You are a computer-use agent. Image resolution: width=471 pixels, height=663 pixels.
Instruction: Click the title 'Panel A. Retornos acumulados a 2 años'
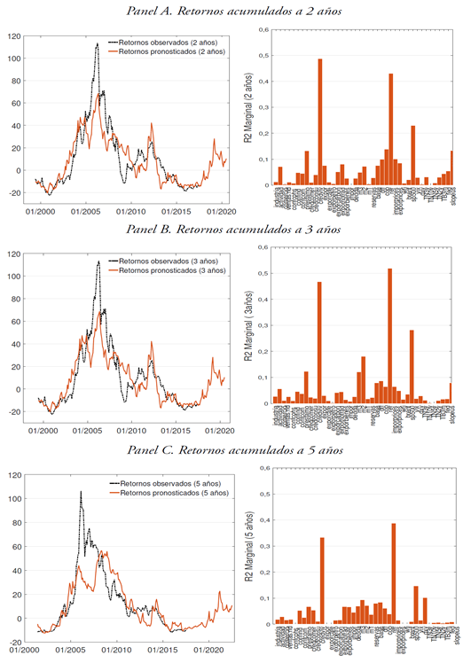coord(235,11)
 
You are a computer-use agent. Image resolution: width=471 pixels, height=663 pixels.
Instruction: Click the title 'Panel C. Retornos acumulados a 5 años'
coord(235,450)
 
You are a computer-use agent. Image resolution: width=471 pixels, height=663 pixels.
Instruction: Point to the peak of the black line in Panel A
coord(97,44)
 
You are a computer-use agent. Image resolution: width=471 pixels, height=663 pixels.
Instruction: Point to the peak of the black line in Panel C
coord(81,492)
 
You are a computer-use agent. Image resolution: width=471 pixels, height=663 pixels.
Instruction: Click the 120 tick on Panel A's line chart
coord(14,35)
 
